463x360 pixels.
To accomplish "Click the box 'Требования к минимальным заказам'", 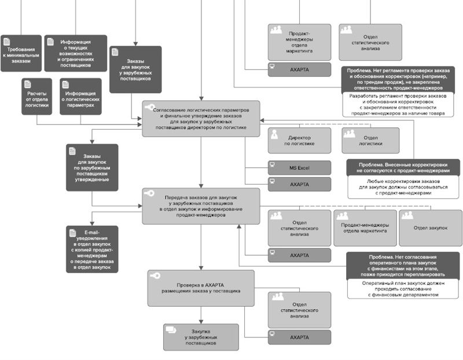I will pos(21,53).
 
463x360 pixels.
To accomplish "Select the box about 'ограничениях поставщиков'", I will pos(75,53).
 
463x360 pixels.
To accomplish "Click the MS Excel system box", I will pos(299,168).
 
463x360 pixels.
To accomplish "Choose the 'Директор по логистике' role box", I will pos(299,141).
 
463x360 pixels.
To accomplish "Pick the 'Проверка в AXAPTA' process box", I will pos(200,288).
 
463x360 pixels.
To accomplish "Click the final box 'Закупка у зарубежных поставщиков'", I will pos(200,337).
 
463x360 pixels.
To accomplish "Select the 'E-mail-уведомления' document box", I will pos(93,249).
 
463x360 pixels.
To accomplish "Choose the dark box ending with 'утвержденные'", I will pos(93,168).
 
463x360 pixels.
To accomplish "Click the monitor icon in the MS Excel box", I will pos(272,166).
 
